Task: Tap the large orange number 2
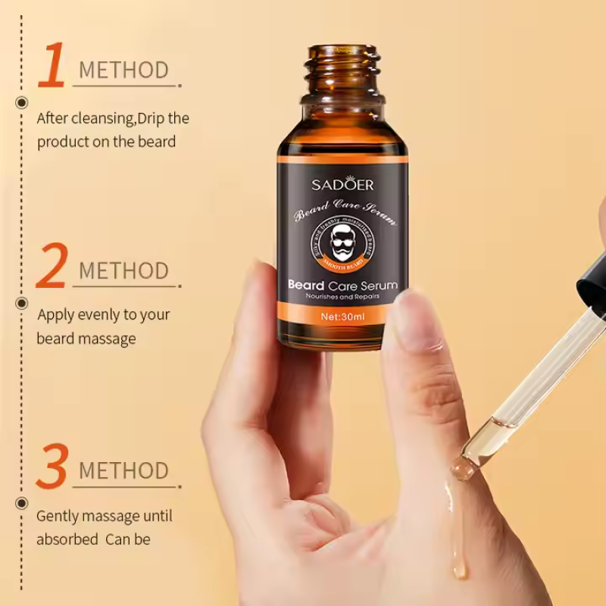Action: pyautogui.click(x=52, y=266)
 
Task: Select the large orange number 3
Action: pyautogui.click(x=52, y=466)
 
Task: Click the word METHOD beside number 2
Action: pyautogui.click(x=123, y=270)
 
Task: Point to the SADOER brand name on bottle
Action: pyautogui.click(x=342, y=185)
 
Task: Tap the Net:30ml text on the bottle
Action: pyautogui.click(x=342, y=317)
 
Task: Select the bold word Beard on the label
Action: pyautogui.click(x=306, y=285)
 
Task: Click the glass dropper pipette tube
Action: pyautogui.click(x=530, y=386)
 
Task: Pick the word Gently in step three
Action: pyautogui.click(x=56, y=517)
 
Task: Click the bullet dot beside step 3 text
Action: pyautogui.click(x=22, y=501)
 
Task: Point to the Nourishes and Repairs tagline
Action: pyautogui.click(x=342, y=298)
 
